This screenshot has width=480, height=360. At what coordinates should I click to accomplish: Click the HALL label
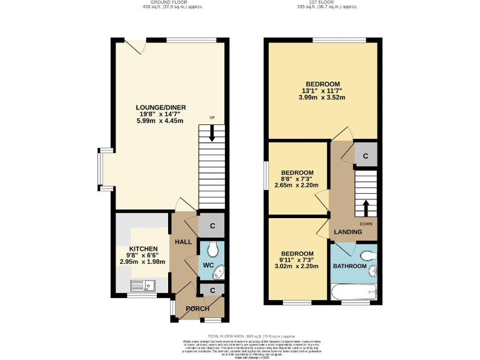point(183,242)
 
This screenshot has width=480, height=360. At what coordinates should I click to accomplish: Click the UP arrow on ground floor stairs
point(212,132)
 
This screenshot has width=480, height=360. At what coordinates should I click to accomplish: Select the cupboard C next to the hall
point(212,226)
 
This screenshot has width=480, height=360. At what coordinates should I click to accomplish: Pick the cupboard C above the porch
point(212,290)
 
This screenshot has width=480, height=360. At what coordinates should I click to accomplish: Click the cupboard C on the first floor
point(366,155)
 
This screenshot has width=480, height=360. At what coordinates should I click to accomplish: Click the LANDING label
point(347,232)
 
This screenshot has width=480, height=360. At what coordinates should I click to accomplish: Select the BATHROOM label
point(349,266)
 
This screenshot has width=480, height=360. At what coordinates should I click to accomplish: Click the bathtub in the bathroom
point(354,291)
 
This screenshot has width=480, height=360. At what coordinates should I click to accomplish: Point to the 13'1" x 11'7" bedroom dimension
point(322,91)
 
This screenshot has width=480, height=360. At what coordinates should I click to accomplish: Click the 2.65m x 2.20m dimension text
point(297,186)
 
